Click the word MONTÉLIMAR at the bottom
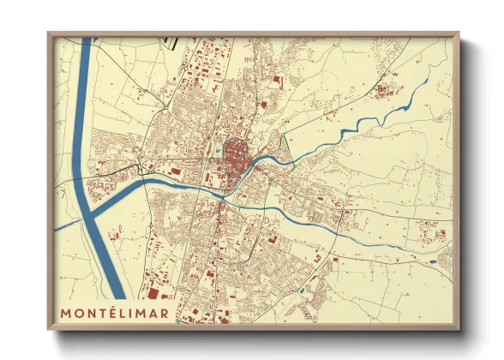click(115, 312)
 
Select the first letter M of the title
click(66, 312)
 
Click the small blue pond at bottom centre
click(301, 291)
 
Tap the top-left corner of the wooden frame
click(49, 34)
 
